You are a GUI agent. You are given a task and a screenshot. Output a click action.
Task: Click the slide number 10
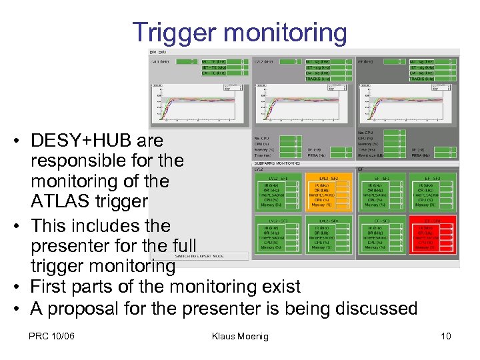pyautogui.click(x=445, y=336)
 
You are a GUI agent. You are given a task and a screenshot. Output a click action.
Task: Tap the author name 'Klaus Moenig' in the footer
pyautogui.click(x=239, y=336)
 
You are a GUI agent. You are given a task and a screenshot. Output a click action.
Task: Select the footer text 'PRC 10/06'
pyautogui.click(x=51, y=336)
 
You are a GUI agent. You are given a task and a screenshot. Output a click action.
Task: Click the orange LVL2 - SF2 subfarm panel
pyautogui.click(x=329, y=192)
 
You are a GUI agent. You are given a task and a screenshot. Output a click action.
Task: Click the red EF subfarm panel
pyautogui.click(x=433, y=233)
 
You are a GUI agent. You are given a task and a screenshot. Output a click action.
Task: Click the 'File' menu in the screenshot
pyautogui.click(x=153, y=51)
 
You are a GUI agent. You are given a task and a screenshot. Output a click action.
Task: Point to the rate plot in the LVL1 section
pyautogui.click(x=200, y=105)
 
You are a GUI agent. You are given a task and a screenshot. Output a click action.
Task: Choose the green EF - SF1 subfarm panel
pyautogui.click(x=381, y=192)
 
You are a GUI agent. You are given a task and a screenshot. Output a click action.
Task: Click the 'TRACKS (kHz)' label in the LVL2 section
pyautogui.click(x=318, y=79)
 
